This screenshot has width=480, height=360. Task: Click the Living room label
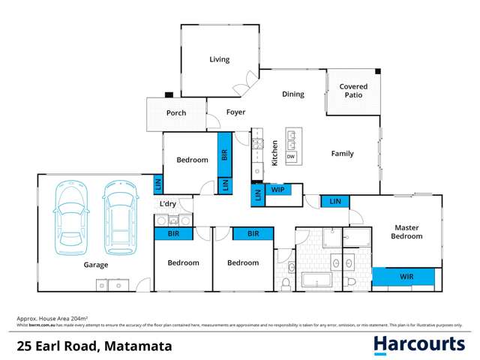(x=219, y=59)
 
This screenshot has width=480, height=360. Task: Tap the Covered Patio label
(x=353, y=91)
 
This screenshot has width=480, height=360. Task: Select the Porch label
(x=175, y=113)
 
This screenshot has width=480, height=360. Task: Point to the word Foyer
(x=236, y=112)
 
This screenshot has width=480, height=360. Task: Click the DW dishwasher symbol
(x=291, y=156)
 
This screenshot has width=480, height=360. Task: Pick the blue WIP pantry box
(x=277, y=189)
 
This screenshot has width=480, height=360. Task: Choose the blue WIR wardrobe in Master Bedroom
(x=406, y=277)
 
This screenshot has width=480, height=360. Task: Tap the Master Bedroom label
(x=406, y=231)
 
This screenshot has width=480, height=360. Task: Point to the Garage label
(x=96, y=265)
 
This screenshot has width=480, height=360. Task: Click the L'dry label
(x=168, y=204)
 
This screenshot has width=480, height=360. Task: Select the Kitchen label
(x=275, y=153)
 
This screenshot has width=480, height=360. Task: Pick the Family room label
(x=343, y=154)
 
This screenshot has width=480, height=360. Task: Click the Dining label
(x=292, y=94)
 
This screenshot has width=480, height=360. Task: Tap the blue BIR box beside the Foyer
(x=224, y=154)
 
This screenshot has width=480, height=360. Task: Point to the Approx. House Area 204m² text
(x=52, y=319)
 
